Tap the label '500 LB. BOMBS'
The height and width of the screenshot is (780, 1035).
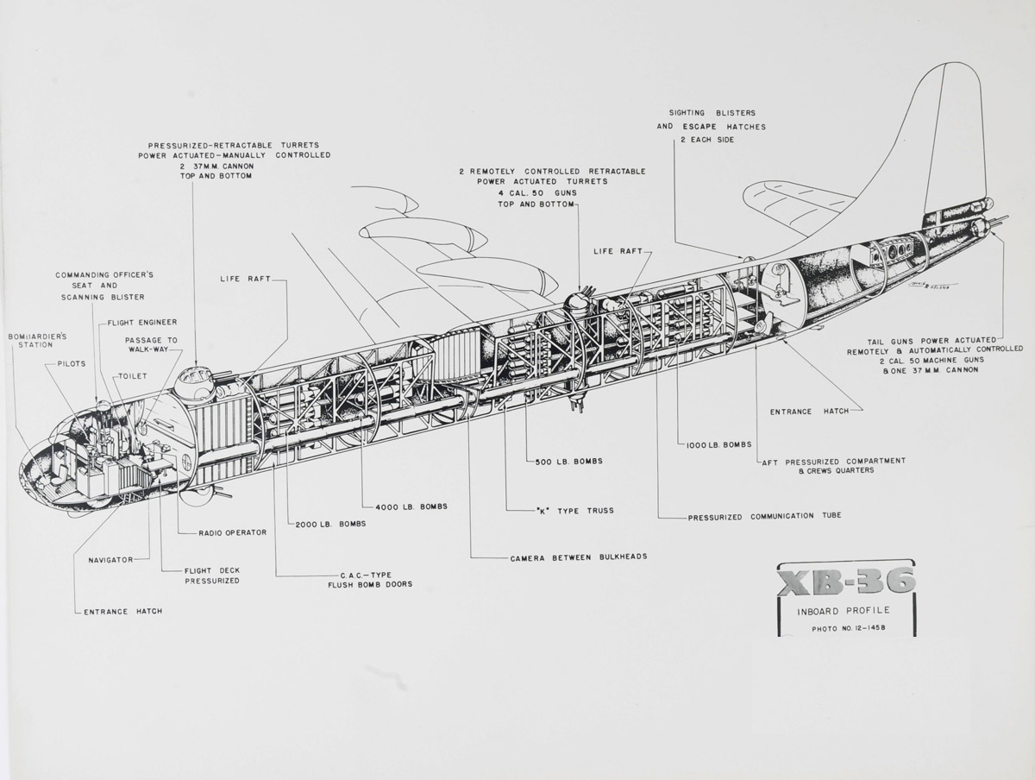(x=568, y=462)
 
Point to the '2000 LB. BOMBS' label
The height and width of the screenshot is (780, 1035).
(x=330, y=524)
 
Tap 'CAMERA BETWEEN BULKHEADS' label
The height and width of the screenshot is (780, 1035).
(x=578, y=557)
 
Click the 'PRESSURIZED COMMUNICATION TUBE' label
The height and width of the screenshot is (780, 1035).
(x=764, y=516)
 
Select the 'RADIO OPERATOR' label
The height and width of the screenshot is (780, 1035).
(x=232, y=532)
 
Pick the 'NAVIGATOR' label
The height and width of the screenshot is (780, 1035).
(x=110, y=560)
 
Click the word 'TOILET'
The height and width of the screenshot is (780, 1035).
(x=134, y=376)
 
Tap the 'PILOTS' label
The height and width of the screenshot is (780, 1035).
(x=71, y=363)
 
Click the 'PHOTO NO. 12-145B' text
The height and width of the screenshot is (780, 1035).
(x=848, y=628)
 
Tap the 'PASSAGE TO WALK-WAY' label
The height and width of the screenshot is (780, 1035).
(x=151, y=345)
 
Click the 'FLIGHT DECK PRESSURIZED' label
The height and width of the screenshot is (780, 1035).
(x=211, y=576)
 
